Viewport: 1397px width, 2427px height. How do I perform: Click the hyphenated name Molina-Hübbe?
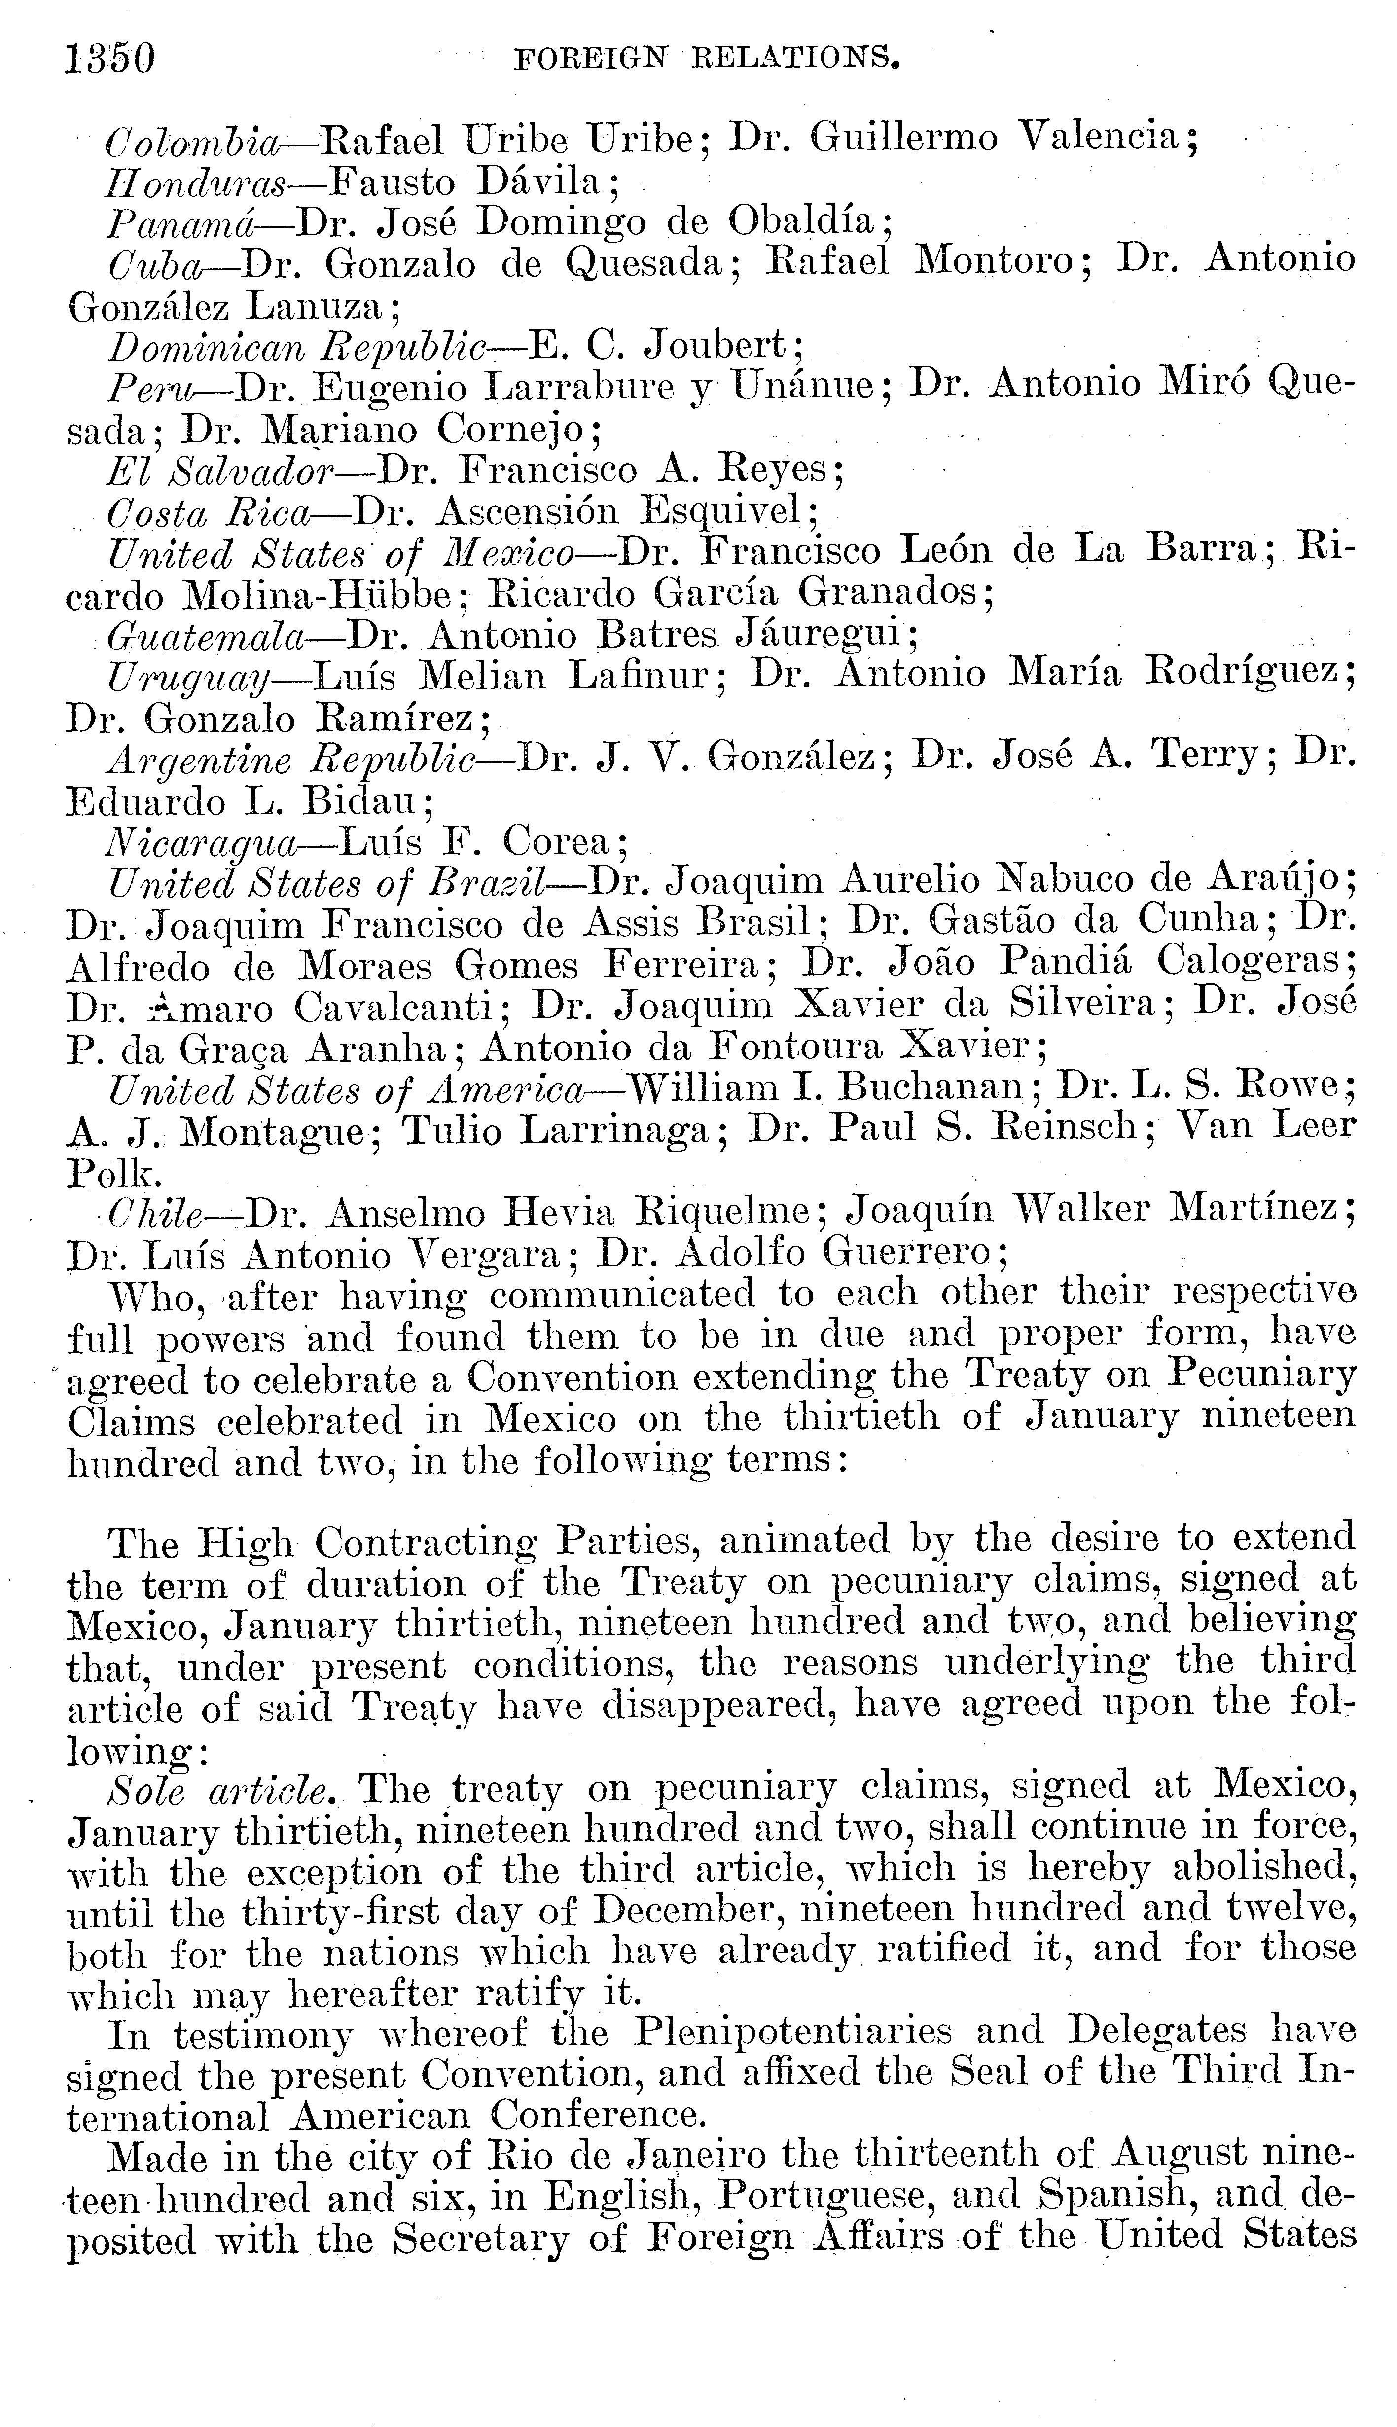(317, 595)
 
